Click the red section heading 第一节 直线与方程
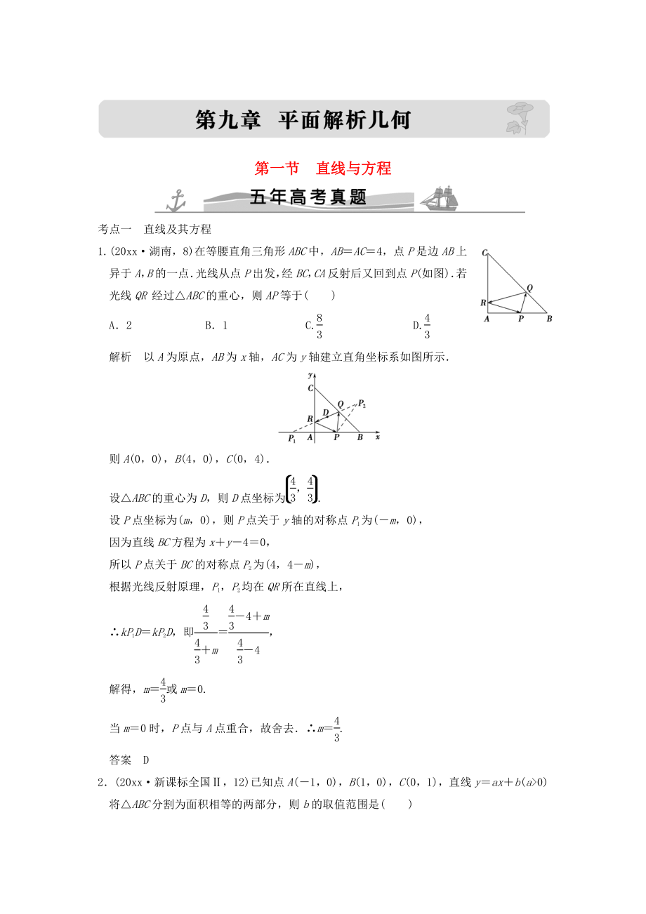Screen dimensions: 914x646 coord(312,168)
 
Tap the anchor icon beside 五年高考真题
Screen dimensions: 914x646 coord(175,199)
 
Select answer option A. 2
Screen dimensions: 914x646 coord(121,325)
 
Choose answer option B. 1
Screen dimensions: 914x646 coord(216,325)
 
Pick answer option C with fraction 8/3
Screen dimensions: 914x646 coord(315,325)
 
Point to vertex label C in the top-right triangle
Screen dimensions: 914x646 coord(485,251)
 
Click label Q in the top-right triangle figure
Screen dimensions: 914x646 coord(529,287)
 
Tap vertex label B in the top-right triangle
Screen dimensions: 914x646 coord(549,318)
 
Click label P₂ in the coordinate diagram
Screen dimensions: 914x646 coord(362,403)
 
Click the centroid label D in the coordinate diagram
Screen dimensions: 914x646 coord(325,412)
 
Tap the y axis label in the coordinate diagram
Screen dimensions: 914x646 coord(310,377)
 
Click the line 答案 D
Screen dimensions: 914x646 coord(130,759)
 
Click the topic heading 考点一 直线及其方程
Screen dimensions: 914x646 coord(154,229)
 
